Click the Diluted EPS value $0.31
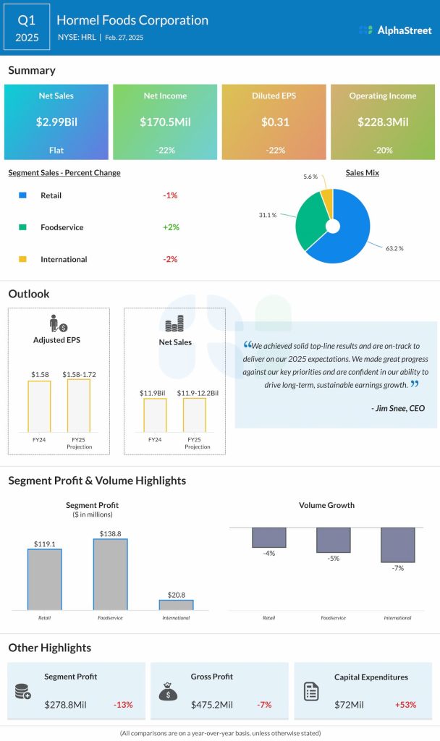(274, 122)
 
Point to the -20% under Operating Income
(383, 150)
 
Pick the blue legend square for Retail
(22, 195)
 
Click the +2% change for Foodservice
(171, 227)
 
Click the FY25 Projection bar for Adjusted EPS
(79, 406)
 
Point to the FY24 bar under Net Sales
(155, 415)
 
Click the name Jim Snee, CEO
(397, 409)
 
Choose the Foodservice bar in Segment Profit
(110, 575)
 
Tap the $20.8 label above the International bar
(176, 593)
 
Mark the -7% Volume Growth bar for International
(397, 545)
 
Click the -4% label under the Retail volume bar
(269, 554)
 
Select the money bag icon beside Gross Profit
(166, 692)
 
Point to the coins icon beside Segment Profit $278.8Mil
(22, 692)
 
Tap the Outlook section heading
(29, 294)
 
